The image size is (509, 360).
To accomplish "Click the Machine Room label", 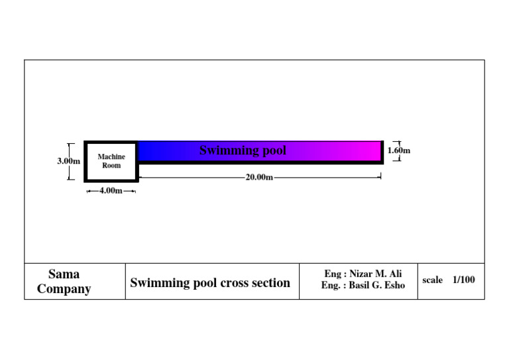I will pos(111,161).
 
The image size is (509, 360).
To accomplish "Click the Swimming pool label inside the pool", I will pos(243,150).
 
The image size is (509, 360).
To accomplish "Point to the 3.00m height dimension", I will pos(68,160).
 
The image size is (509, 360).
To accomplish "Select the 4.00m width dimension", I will pos(111,191).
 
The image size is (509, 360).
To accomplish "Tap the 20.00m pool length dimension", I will pos(259,177).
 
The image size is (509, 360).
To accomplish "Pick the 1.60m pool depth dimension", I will pos(398,150).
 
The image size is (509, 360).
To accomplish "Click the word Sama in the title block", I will pos(64,274).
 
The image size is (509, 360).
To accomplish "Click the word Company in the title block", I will pos(64,289).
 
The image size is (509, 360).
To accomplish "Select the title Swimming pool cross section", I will pos(210,283).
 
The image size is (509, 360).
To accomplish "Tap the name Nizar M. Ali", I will pos(375,274).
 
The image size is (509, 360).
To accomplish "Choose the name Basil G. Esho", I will pos(376,286).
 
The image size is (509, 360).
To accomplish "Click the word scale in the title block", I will pos(432,280).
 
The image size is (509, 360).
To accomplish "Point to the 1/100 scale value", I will pos(464,280).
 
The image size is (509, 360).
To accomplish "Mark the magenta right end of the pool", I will pos(374,150).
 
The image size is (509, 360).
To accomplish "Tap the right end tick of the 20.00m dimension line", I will pos(380,177).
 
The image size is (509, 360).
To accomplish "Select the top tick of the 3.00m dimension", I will pos(70,144).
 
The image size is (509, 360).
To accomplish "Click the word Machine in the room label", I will pos(111,157).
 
